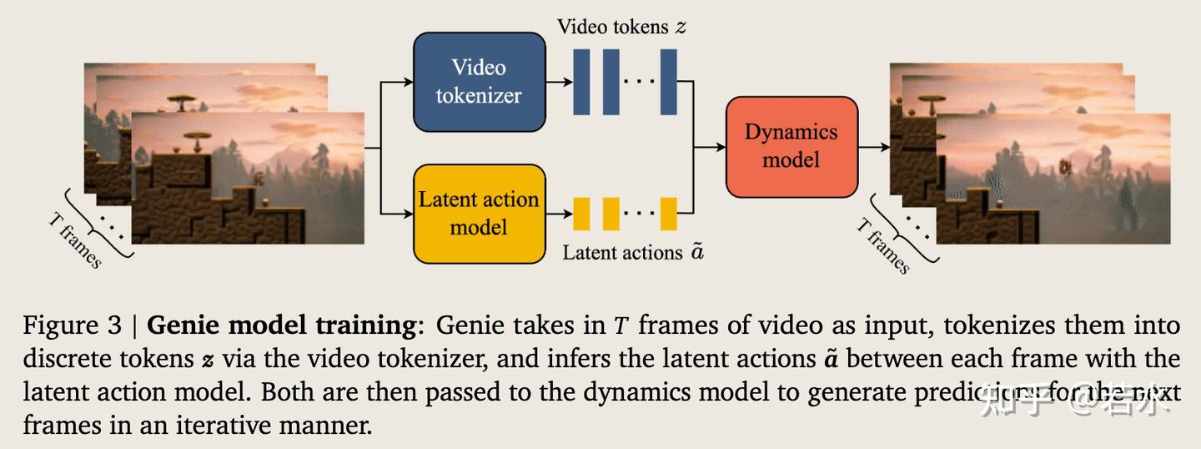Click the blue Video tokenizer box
[x=479, y=82]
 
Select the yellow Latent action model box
[x=479, y=213]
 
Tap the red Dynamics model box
[x=791, y=146]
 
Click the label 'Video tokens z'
[x=621, y=27]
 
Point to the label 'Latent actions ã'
[x=633, y=251]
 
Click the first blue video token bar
[x=581, y=82]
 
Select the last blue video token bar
[x=668, y=82]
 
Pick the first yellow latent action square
[x=581, y=214]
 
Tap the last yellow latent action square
[x=668, y=214]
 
